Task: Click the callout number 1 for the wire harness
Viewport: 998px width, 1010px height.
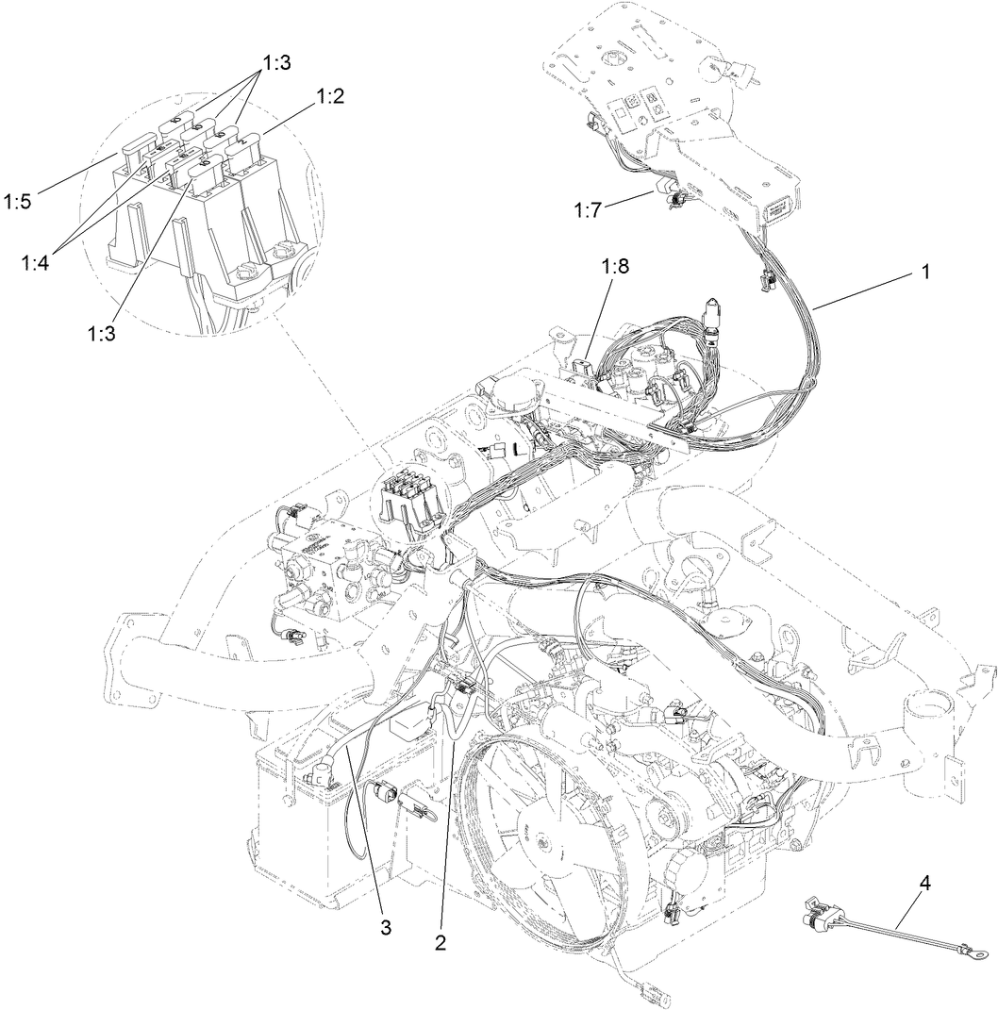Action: click(x=925, y=271)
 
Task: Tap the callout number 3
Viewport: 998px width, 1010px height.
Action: click(x=385, y=928)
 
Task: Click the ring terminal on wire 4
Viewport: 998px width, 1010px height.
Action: click(x=979, y=956)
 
